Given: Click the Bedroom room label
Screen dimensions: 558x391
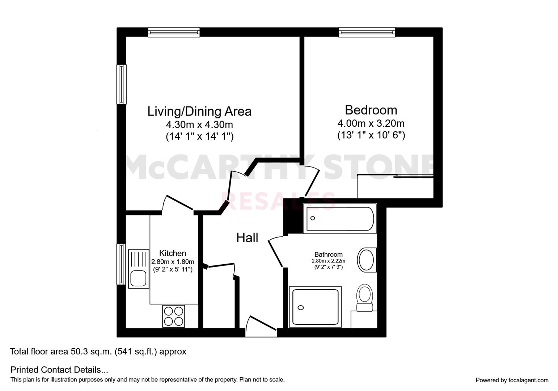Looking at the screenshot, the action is [371, 110].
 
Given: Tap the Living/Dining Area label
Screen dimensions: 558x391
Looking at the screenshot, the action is [199, 112].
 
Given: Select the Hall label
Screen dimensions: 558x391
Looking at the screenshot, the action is [247, 238].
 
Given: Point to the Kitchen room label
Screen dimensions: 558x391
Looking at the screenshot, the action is [173, 253].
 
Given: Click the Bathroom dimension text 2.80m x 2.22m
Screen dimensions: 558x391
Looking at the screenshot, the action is [328, 261].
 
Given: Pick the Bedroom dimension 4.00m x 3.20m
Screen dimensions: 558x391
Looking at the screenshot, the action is [371, 123].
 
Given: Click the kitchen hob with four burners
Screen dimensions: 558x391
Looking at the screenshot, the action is [174, 316].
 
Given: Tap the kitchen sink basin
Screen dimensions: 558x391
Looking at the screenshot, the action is [139, 279].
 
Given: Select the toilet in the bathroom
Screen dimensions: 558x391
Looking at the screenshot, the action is [365, 298].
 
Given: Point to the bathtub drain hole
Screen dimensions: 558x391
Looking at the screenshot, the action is [313, 218].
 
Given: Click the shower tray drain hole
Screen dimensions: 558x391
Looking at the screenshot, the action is [301, 307].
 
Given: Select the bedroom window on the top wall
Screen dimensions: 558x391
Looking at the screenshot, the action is [367, 32].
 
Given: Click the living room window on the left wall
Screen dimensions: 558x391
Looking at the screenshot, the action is [122, 84].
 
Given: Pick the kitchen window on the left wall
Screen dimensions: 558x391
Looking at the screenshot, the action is [121, 264].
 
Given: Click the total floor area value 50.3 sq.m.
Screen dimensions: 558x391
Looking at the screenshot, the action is [91, 352].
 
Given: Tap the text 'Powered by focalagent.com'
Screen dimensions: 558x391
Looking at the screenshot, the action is [512, 380].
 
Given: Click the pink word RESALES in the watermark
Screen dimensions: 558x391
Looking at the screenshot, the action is [278, 201].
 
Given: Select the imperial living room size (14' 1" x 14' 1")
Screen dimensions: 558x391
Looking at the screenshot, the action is [199, 136].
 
